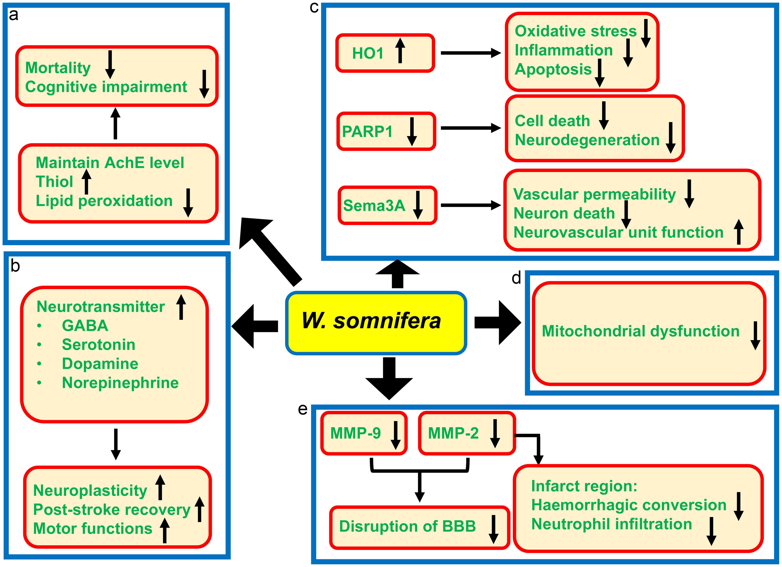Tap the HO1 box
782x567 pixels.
tap(385, 53)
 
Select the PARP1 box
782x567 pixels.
tap(386, 131)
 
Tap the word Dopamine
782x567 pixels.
tap(100, 364)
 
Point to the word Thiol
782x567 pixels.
tap(54, 182)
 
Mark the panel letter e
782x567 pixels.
tap(302, 409)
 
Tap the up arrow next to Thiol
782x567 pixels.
tap(87, 181)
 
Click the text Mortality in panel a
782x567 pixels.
tap(58, 68)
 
